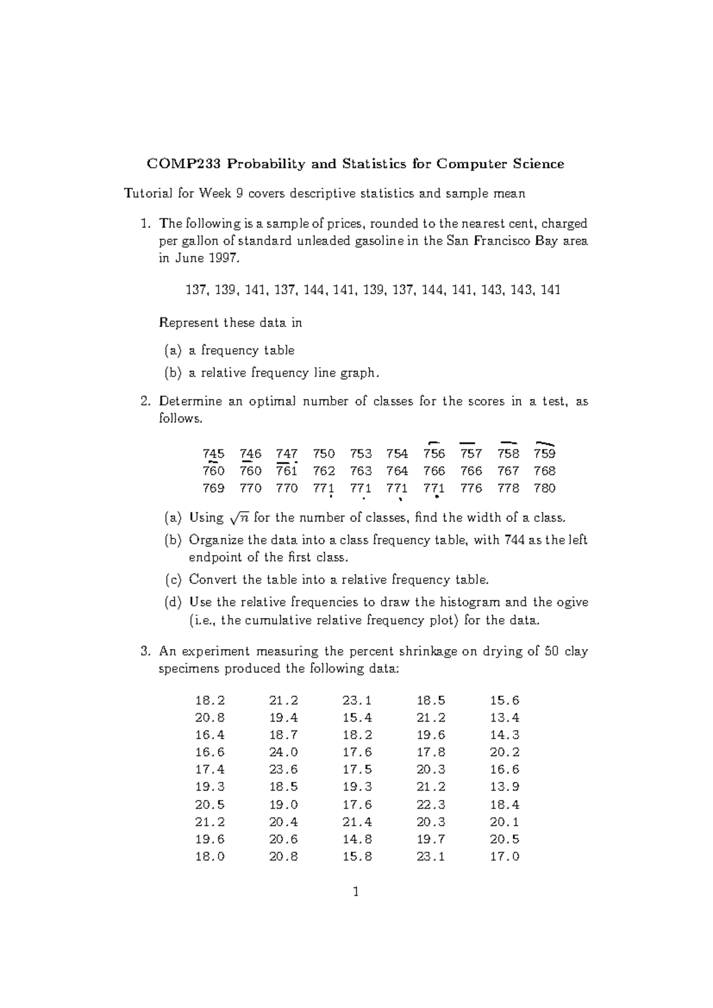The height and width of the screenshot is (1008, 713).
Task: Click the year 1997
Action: pos(225,259)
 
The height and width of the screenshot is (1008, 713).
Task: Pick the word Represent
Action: pos(188,323)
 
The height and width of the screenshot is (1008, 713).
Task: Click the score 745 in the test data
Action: pos(213,454)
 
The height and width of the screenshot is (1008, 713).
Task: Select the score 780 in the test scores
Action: pos(544,489)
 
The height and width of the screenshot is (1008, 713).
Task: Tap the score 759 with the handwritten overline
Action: pos(544,454)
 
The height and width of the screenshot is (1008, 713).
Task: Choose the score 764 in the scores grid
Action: pos(397,471)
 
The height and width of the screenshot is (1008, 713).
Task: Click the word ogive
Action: pos(572,603)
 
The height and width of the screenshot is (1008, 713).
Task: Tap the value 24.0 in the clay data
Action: pos(283,752)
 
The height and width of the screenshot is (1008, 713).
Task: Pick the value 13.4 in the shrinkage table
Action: pos(504,718)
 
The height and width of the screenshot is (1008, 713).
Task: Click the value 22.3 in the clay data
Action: pos(431,805)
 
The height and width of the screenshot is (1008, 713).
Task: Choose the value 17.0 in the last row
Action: pos(504,856)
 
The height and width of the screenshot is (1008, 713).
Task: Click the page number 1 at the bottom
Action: pos(356,892)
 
